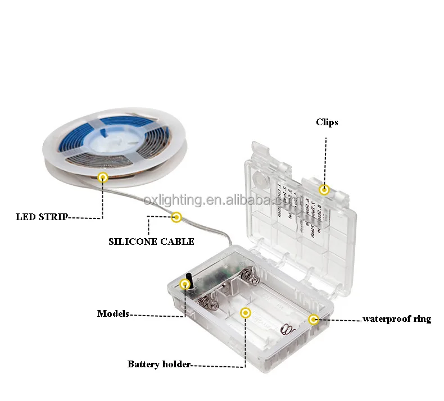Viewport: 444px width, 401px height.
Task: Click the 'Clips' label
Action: [x=327, y=122]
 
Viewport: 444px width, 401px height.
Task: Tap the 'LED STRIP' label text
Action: [x=42, y=217]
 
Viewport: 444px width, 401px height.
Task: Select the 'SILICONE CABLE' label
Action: [x=151, y=241]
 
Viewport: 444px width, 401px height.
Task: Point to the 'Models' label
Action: [x=113, y=313]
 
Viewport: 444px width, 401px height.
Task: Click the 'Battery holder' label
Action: [x=158, y=364]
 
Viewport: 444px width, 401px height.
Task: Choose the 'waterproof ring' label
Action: [x=397, y=319]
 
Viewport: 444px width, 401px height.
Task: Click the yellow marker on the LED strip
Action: [x=103, y=178]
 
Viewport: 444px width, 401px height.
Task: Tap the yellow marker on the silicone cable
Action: [x=176, y=216]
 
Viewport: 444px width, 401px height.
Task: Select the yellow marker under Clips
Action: [x=324, y=190]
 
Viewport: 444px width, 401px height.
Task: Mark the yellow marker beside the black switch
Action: [x=184, y=284]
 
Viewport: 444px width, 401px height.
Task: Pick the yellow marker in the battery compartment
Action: [x=245, y=313]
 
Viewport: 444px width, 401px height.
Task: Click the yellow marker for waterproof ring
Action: [x=314, y=320]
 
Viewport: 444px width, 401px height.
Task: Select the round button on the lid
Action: [x=260, y=179]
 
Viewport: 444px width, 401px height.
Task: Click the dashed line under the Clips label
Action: [x=324, y=157]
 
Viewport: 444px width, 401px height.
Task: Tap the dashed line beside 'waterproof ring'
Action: [x=339, y=320]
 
